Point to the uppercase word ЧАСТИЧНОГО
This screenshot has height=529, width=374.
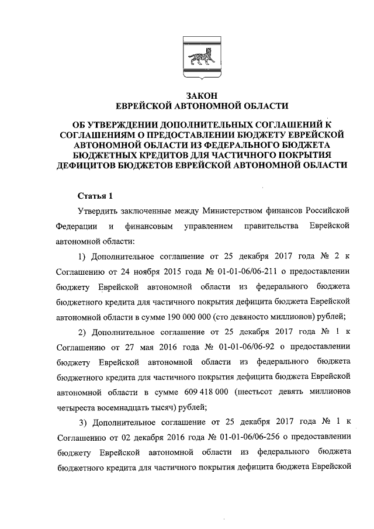[230, 155]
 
